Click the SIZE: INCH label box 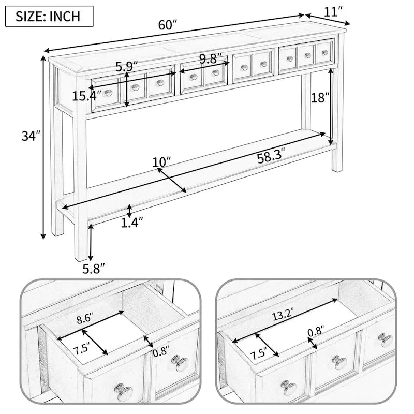(x=49, y=16)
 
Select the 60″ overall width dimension (x=168, y=24)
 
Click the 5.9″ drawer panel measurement (x=127, y=66)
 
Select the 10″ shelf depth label (x=161, y=162)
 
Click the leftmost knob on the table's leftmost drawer (x=109, y=93)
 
